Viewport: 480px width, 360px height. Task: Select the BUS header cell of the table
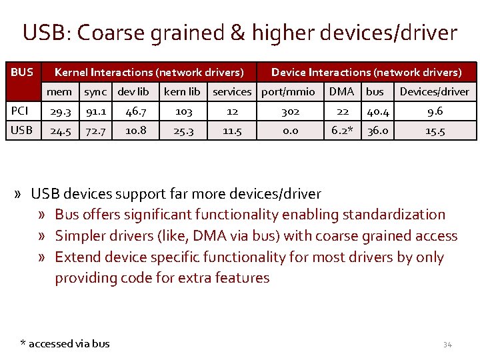click(x=21, y=71)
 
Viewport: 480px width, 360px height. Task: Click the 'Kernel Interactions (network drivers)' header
click(x=149, y=71)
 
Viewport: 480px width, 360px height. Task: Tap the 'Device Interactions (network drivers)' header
click(x=366, y=71)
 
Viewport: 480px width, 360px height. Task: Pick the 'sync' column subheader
click(x=95, y=91)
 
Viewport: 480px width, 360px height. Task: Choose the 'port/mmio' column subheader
click(x=289, y=91)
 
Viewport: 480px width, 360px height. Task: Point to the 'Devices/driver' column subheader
click(x=434, y=91)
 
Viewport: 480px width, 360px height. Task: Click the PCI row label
click(x=19, y=111)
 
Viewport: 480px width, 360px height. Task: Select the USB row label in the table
click(x=21, y=131)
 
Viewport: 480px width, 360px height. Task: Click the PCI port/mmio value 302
click(x=290, y=112)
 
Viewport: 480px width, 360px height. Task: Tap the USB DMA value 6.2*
click(x=343, y=131)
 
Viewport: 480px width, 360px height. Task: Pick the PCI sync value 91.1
click(x=95, y=112)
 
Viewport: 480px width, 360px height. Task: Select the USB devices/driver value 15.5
click(x=435, y=131)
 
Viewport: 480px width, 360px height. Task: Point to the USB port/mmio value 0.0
click(x=290, y=131)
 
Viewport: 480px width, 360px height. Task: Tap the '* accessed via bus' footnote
click(x=65, y=343)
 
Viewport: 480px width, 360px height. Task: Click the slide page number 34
click(x=447, y=345)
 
